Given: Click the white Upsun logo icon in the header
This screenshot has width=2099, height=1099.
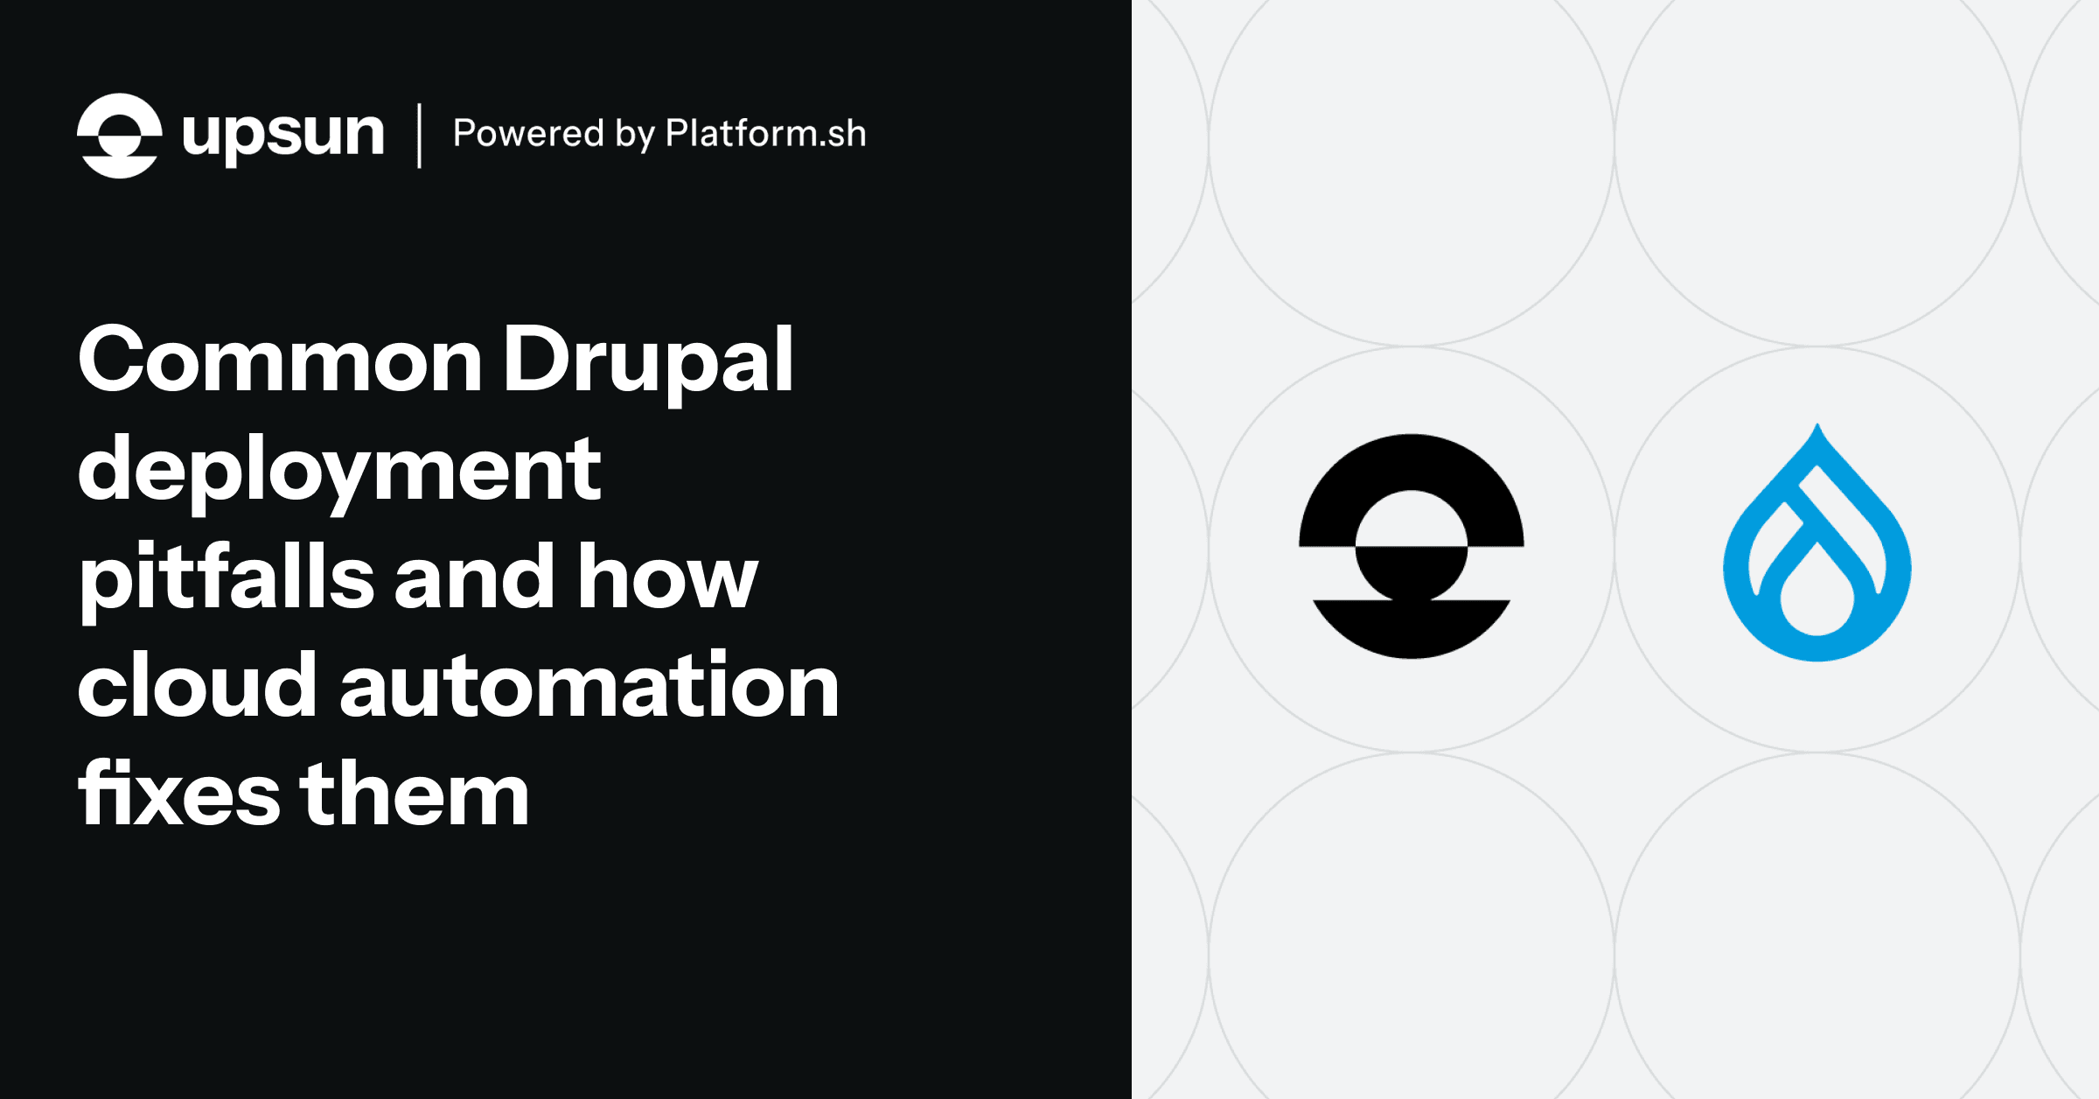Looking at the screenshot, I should pyautogui.click(x=120, y=136).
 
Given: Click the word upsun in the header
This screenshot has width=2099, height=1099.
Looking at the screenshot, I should pyautogui.click(x=282, y=136).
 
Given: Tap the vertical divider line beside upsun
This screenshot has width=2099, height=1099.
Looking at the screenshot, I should pyautogui.click(x=420, y=136).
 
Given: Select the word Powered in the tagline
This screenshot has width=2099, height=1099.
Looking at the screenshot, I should pyautogui.click(x=528, y=134).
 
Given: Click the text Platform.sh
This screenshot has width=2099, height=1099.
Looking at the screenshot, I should pyautogui.click(x=765, y=134).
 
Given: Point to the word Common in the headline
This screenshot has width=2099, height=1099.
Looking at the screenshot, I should pyautogui.click(x=280, y=360).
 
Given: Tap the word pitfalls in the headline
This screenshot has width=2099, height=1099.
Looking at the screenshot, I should pyautogui.click(x=227, y=577).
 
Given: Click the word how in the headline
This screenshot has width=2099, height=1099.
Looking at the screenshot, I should pyautogui.click(x=667, y=577).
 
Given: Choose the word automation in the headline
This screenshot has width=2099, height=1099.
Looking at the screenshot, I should pyautogui.click(x=589, y=687).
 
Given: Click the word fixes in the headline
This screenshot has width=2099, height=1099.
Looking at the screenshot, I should pyautogui.click(x=179, y=794).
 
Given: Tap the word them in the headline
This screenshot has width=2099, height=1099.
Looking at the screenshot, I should pyautogui.click(x=415, y=794).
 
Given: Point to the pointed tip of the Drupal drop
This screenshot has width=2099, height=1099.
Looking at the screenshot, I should pyautogui.click(x=1817, y=429).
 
